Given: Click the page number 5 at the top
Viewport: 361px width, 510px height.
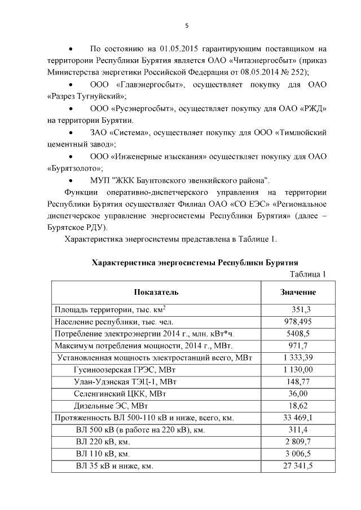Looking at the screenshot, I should pyautogui.click(x=186, y=25).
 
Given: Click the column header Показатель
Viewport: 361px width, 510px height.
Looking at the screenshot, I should pyautogui.click(x=156, y=292).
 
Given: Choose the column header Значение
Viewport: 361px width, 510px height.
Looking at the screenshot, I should pyautogui.click(x=298, y=292).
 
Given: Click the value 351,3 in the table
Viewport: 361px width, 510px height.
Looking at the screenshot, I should pyautogui.click(x=301, y=309).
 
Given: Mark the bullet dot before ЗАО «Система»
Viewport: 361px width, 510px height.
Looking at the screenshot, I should pyautogui.click(x=71, y=132).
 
